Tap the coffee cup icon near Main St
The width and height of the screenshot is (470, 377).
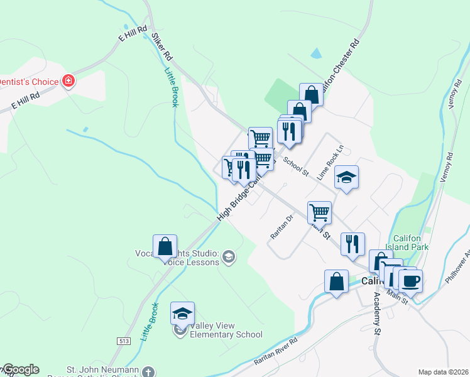[410, 281]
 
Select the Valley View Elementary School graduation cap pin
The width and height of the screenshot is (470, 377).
[182, 313]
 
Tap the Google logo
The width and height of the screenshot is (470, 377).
[21, 369]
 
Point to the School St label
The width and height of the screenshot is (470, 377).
[296, 166]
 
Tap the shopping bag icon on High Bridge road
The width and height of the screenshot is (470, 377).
[165, 246]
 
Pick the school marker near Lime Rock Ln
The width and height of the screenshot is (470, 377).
[346, 177]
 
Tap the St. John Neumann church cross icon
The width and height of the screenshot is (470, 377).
[148, 371]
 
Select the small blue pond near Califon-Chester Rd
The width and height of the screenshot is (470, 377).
[315, 54]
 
